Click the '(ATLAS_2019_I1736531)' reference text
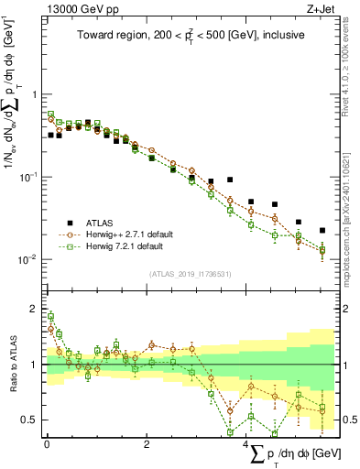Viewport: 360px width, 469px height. pos(190,273)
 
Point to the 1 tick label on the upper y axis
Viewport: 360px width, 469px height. pos(34,94)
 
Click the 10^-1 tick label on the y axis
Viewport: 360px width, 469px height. pos(29,177)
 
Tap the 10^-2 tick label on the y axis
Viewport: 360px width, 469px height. pos(29,259)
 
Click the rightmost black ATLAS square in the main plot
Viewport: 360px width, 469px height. pos(322,230)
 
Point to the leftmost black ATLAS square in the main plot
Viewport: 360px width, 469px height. pos(50,136)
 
